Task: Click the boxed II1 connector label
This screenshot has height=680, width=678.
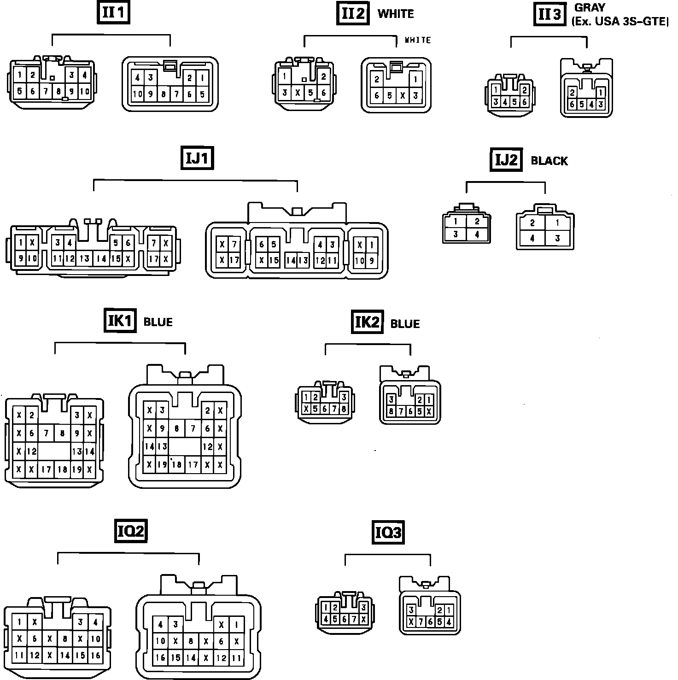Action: (x=113, y=13)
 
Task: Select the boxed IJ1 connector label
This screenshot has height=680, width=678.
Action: (x=198, y=158)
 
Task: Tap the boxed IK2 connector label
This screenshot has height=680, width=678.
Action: (x=367, y=322)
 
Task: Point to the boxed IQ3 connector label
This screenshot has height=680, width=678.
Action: (x=388, y=533)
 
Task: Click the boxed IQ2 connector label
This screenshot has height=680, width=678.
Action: (x=131, y=531)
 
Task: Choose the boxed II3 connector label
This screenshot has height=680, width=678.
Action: (x=550, y=14)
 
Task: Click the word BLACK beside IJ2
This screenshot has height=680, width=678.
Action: (x=549, y=161)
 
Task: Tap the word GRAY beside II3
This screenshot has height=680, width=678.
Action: (x=590, y=8)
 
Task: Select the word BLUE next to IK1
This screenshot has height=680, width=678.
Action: (x=158, y=322)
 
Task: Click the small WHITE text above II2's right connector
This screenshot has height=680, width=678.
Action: (x=417, y=40)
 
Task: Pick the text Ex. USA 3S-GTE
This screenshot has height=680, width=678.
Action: (x=620, y=21)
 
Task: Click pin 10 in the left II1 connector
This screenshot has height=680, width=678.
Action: (x=85, y=91)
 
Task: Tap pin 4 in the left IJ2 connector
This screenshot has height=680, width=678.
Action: (x=477, y=234)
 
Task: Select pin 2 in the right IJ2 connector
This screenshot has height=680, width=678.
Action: (x=532, y=223)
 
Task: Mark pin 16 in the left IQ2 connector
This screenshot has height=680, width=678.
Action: (x=95, y=655)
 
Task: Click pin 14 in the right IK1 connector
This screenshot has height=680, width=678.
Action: (x=149, y=446)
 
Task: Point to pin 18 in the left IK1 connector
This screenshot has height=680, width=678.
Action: (x=62, y=470)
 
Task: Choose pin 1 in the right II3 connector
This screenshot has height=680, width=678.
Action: (x=601, y=92)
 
